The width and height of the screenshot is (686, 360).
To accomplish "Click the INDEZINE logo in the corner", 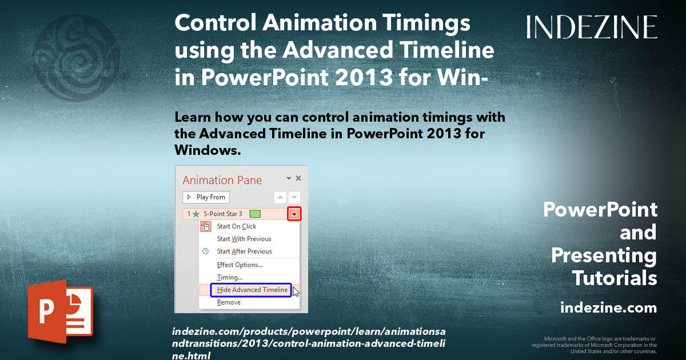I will click(x=592, y=27).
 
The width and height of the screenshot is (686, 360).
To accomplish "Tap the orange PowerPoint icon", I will click(x=59, y=311).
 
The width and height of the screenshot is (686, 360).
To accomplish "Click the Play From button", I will click(x=206, y=197).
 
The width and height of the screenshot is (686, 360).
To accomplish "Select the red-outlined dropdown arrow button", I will click(x=294, y=214).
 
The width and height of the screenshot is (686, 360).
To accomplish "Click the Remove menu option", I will click(x=229, y=302).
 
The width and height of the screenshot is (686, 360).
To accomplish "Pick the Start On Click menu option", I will click(x=237, y=226).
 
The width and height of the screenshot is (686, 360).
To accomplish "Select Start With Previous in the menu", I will click(x=244, y=239).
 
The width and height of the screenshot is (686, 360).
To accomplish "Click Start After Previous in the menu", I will click(x=244, y=251).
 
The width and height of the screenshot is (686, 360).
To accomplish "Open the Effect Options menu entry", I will click(x=240, y=265).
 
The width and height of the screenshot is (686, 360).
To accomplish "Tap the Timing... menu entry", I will click(x=230, y=277).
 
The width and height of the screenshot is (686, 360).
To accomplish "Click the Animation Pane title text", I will click(x=222, y=180).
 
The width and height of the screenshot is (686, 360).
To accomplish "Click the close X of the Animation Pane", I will click(x=298, y=178).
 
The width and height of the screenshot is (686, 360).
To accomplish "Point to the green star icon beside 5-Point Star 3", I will click(x=197, y=214).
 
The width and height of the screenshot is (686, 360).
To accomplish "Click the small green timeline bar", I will click(x=255, y=214).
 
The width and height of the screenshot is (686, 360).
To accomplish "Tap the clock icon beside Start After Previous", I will click(x=206, y=251).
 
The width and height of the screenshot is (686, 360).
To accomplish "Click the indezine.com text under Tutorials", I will click(x=608, y=308).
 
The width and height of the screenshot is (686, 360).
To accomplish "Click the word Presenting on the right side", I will click(x=604, y=255).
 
